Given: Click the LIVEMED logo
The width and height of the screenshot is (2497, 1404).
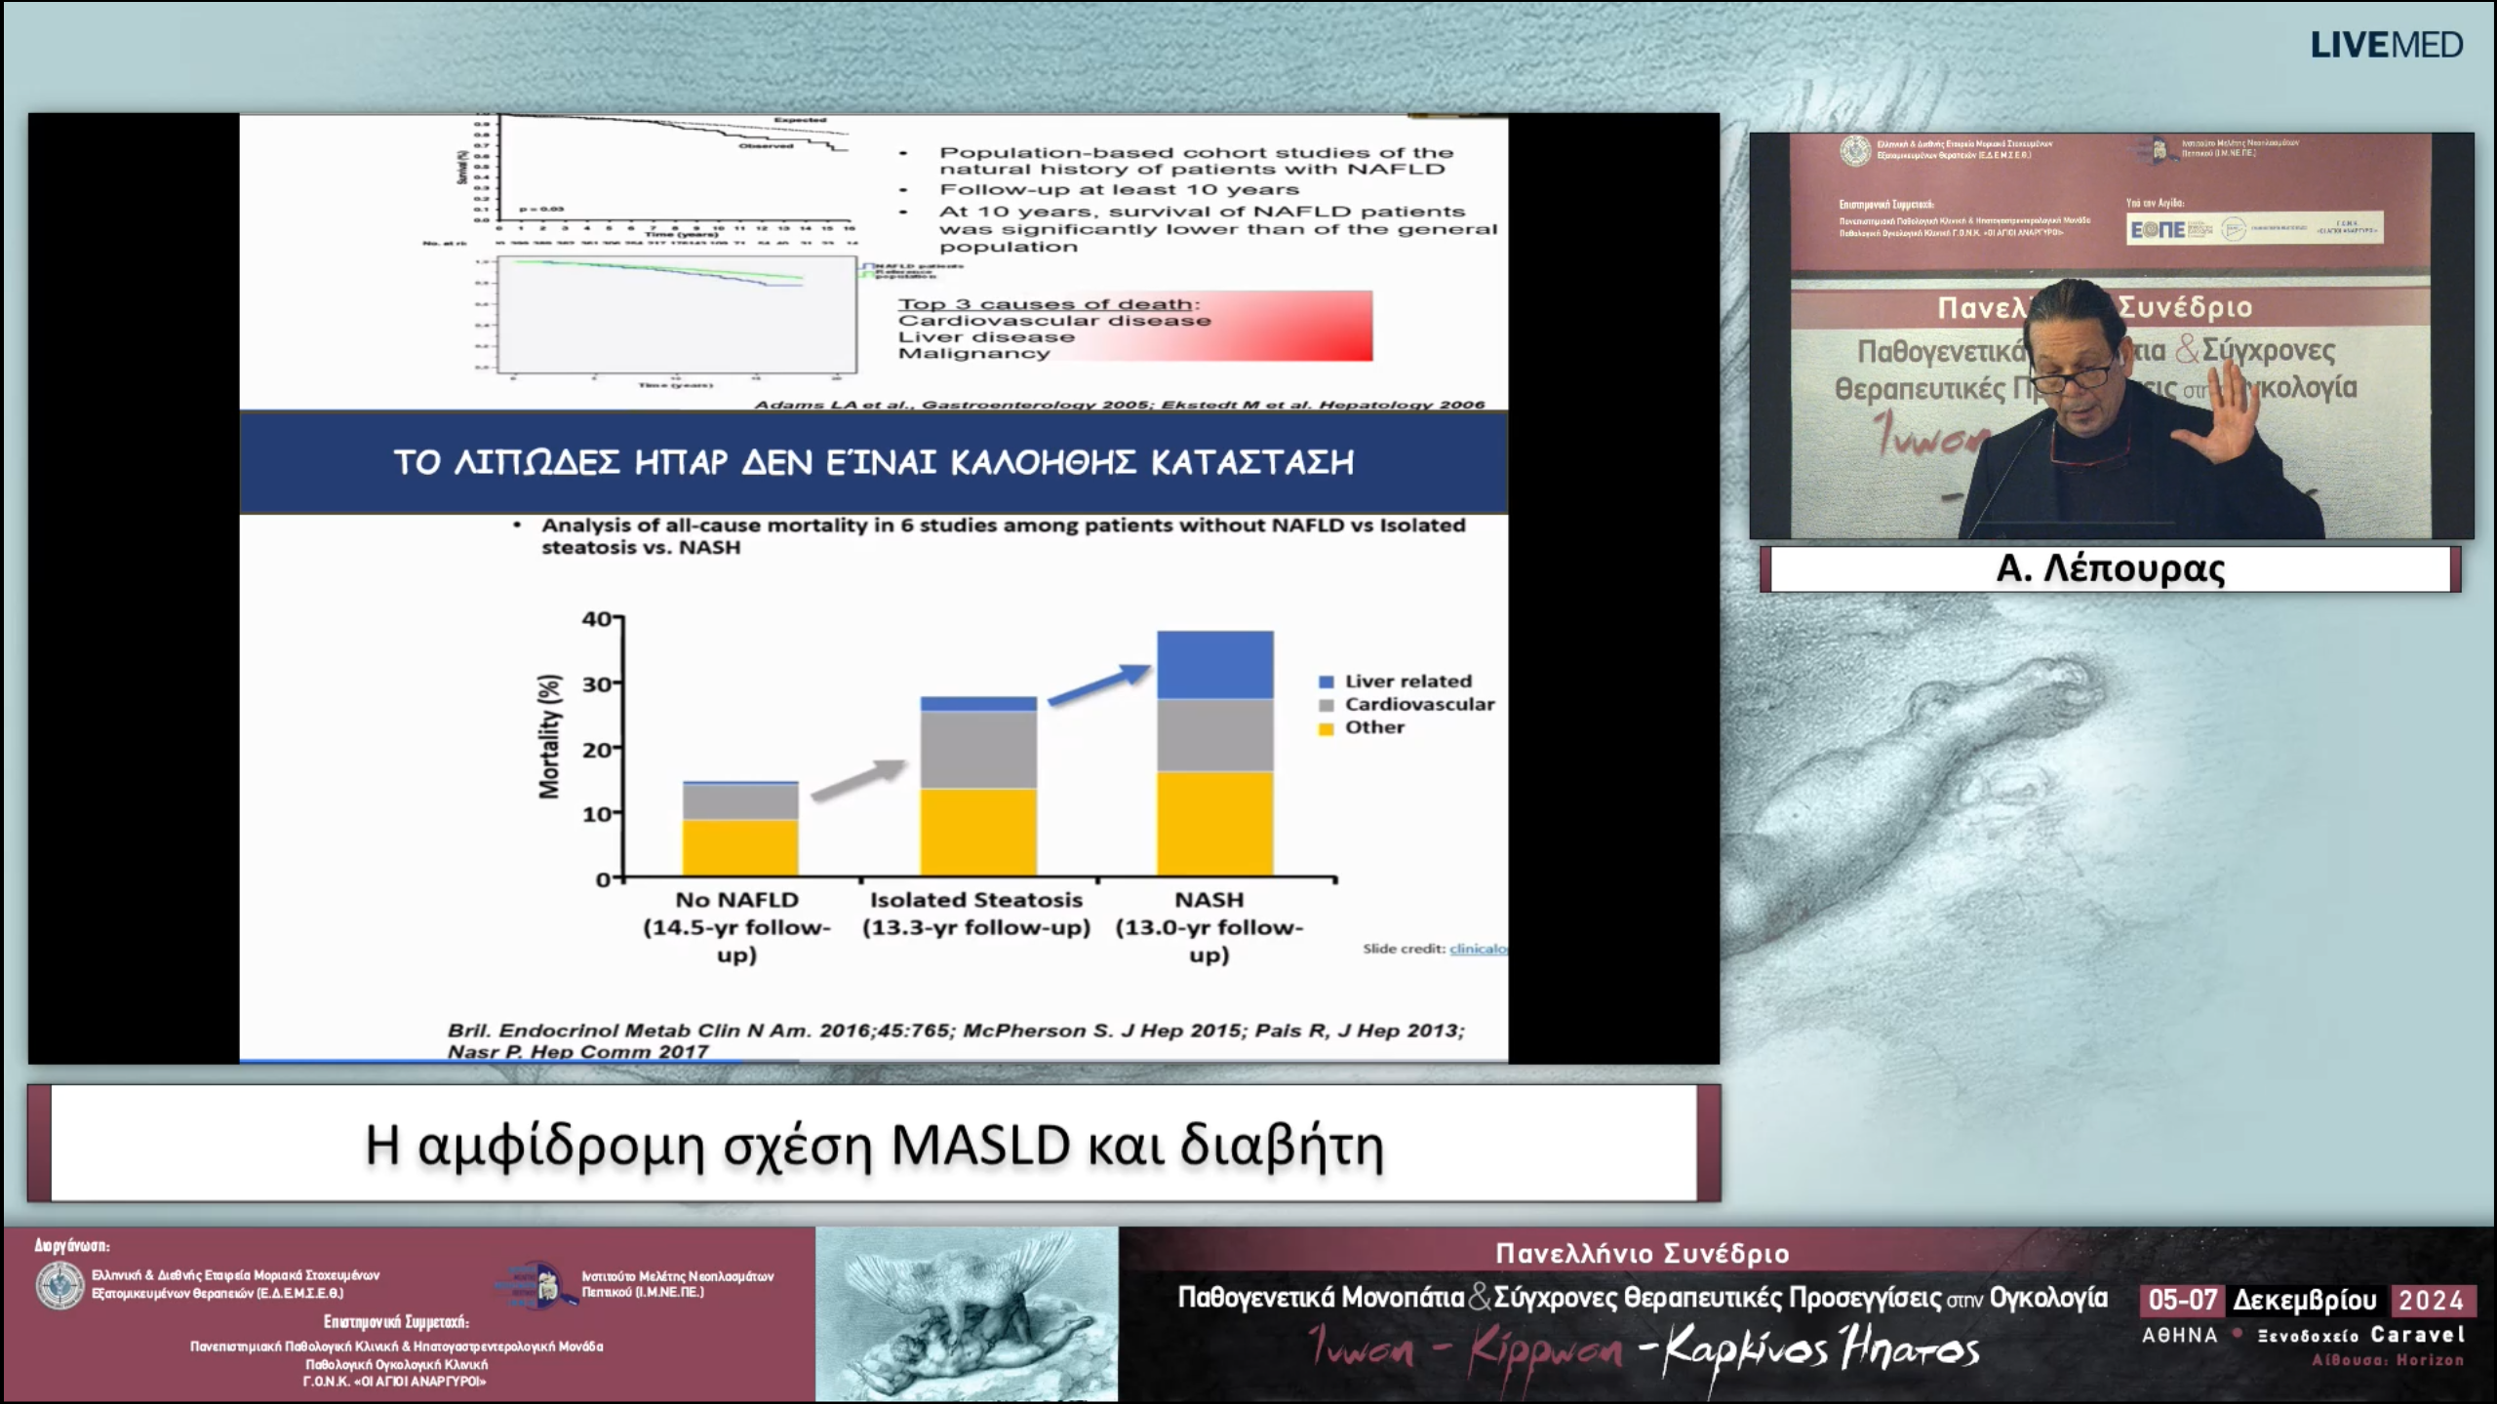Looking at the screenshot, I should click(2386, 45).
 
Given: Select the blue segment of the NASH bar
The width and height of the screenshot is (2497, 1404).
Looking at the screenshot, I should click(1214, 665).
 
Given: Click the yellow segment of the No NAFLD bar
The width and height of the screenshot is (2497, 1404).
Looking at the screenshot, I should click(739, 846).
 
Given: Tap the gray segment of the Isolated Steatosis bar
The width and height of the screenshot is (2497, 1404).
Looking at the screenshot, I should click(978, 749).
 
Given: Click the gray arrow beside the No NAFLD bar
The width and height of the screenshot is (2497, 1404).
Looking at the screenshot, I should click(858, 780).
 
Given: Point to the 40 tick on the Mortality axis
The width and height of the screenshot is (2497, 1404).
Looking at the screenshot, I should click(597, 618).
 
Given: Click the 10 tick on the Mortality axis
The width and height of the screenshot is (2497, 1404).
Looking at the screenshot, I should click(597, 813).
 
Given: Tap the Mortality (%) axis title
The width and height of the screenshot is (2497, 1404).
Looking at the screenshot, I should click(550, 736).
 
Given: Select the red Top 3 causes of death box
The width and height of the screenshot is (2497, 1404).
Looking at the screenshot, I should click(1134, 327).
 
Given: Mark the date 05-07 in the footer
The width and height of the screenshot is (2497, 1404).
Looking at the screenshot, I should click(2182, 1300).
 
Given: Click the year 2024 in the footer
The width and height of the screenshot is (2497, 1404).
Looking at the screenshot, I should click(2431, 1300).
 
